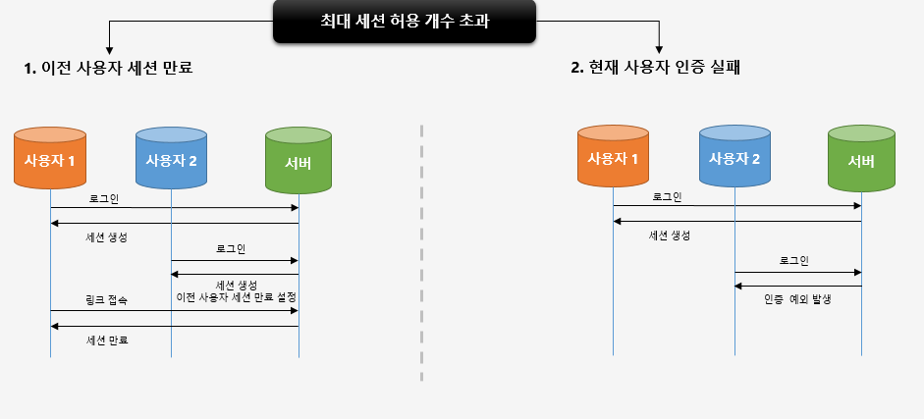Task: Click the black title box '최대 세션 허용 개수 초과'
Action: [x=404, y=22]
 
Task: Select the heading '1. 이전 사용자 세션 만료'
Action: [x=109, y=69]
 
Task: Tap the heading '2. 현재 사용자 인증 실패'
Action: [x=656, y=69]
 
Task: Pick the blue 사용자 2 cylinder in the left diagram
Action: [x=171, y=158]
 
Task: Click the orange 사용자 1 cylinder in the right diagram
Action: [x=613, y=157]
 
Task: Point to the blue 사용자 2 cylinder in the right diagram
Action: [x=734, y=158]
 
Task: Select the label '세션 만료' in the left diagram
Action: [x=107, y=340]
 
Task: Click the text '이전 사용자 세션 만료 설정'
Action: [x=236, y=297]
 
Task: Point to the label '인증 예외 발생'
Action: [x=797, y=299]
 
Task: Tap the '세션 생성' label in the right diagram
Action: [x=670, y=236]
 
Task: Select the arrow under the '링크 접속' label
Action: [x=174, y=310]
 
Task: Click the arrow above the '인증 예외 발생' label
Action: [x=797, y=287]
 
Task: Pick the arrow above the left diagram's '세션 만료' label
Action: [x=174, y=326]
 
